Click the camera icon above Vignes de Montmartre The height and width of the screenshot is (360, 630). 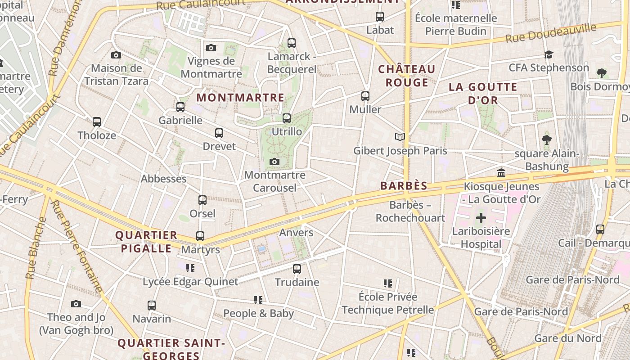(211, 48)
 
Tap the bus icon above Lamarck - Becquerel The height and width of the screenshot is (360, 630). (292, 43)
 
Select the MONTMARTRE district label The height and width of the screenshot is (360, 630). (240, 97)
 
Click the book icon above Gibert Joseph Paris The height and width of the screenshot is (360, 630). (400, 137)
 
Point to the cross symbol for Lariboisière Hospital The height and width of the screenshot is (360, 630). (481, 218)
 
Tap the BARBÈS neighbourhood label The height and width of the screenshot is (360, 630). (404, 186)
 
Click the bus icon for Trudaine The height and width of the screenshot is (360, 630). (297, 269)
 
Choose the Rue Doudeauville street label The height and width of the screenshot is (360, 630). (551, 33)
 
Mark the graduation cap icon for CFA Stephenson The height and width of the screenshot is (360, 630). (549, 54)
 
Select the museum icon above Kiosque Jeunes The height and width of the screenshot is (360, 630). (501, 173)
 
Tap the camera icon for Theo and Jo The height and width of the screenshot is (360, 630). (76, 304)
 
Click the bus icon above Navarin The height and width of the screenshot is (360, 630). (152, 306)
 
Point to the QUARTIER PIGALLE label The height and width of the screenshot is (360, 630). (146, 242)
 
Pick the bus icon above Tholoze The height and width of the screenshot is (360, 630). (97, 122)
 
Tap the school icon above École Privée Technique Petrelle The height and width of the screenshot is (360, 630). (388, 283)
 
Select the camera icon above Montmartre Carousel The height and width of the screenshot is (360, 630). (274, 162)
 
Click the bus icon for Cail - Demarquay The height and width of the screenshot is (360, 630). (600, 229)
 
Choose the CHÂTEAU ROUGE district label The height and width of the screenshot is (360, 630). (407, 76)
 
